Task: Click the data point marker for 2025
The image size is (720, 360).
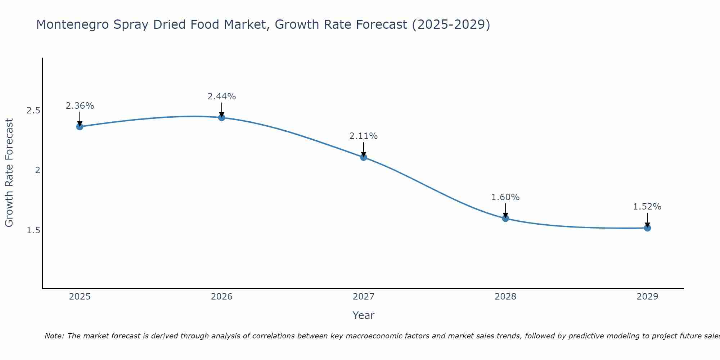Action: tap(80, 126)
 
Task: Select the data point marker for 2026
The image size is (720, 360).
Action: tap(221, 117)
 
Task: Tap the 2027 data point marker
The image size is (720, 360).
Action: tap(363, 157)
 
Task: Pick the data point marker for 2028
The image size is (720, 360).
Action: tap(505, 218)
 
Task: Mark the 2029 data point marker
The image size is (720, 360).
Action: tap(647, 228)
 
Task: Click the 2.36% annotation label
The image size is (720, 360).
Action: tap(80, 106)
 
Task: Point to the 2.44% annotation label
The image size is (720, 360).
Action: tap(221, 96)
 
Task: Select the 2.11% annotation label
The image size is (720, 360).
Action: tap(363, 136)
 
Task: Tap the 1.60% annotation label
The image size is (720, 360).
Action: tap(505, 197)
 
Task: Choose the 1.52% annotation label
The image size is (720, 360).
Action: tap(647, 207)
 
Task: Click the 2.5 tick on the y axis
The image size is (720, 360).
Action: tap(33, 111)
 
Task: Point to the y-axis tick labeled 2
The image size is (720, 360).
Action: tap(37, 170)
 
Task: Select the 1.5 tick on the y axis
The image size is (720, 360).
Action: tap(33, 230)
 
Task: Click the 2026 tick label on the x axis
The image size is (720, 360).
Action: tap(221, 297)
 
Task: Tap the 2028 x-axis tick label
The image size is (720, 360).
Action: tap(505, 297)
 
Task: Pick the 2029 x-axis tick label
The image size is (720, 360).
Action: tap(647, 297)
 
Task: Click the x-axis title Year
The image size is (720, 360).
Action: tap(363, 315)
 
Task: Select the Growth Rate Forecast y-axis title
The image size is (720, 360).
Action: tap(9, 173)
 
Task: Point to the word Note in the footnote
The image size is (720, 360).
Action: tap(54, 336)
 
